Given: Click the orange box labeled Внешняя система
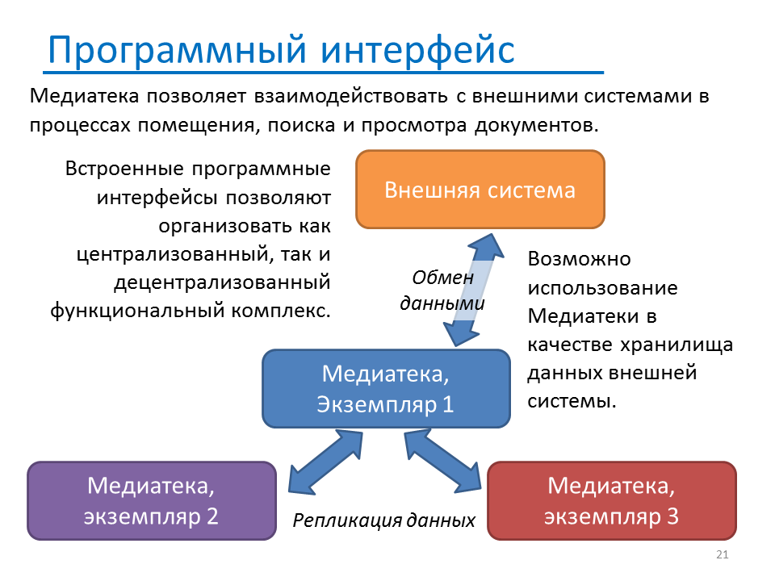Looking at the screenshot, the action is (480, 190).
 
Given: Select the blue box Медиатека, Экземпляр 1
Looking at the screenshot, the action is (386, 389).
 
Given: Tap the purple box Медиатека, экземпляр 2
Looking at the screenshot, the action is (152, 501).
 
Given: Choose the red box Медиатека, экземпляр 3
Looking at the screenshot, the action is (612, 501).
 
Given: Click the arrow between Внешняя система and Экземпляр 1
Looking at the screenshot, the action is (474, 290).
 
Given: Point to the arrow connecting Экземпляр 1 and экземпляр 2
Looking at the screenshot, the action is (325, 462).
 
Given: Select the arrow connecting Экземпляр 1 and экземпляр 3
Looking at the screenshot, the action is (443, 461).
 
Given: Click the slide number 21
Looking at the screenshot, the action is (722, 554).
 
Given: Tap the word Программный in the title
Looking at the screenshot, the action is (178, 51).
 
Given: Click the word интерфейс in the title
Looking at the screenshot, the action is (417, 50).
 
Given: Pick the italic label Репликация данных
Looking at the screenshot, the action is (383, 520).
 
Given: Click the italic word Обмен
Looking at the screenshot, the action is (443, 278).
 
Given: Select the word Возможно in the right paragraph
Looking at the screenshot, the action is (580, 259).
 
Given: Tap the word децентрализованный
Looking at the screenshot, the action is (223, 282).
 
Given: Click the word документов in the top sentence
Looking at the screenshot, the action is (537, 126).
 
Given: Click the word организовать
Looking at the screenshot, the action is (225, 226).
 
